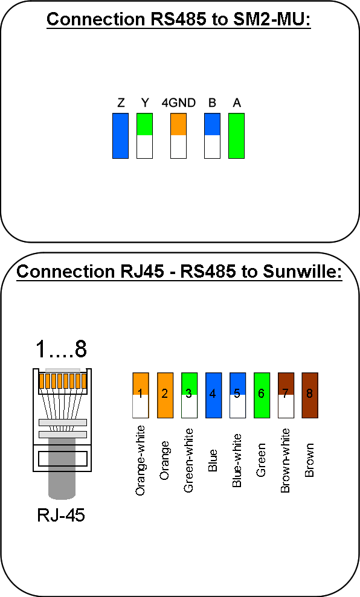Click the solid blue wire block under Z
pyautogui.click(x=120, y=136)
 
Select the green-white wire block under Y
pyautogui.click(x=144, y=136)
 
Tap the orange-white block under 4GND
pyautogui.click(x=178, y=136)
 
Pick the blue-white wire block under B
pyautogui.click(x=212, y=136)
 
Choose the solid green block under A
pyautogui.click(x=236, y=136)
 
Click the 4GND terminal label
pyautogui.click(x=178, y=103)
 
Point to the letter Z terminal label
pyautogui.click(x=121, y=103)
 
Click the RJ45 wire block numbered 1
pyautogui.click(x=141, y=395)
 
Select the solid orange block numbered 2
pyautogui.click(x=165, y=395)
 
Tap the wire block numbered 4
pyautogui.click(x=213, y=395)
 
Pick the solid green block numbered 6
pyautogui.click(x=262, y=395)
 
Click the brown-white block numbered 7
pyautogui.click(x=286, y=395)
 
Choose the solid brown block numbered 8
pyautogui.click(x=310, y=395)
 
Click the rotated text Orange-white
pyautogui.click(x=140, y=461)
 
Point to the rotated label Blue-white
pyautogui.click(x=237, y=461)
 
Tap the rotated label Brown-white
pyautogui.click(x=285, y=461)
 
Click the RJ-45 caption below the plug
pyautogui.click(x=61, y=515)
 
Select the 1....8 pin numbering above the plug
pyautogui.click(x=61, y=348)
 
